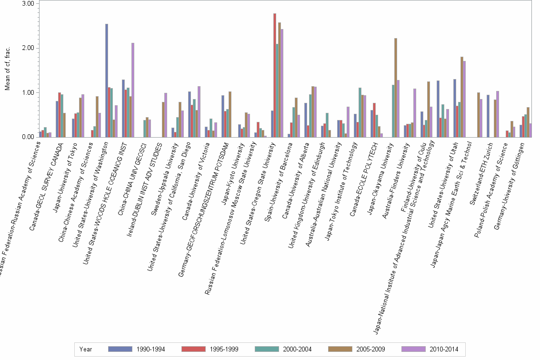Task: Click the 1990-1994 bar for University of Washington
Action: point(107,80)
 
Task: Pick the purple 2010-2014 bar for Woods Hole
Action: point(133,90)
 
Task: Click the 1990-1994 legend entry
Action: point(137,350)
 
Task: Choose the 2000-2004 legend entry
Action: point(283,350)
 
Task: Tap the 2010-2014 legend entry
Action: point(430,350)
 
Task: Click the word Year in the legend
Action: point(86,350)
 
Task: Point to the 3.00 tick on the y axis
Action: point(28,3)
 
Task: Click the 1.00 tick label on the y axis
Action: point(28,92)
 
